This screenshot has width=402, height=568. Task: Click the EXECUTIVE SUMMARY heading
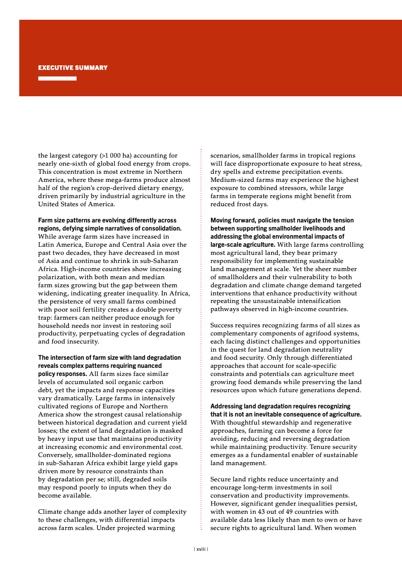tap(73, 67)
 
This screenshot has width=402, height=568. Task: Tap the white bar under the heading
tap(57, 79)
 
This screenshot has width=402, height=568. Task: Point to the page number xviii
tap(201, 549)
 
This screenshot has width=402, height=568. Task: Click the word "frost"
tap(243, 204)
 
